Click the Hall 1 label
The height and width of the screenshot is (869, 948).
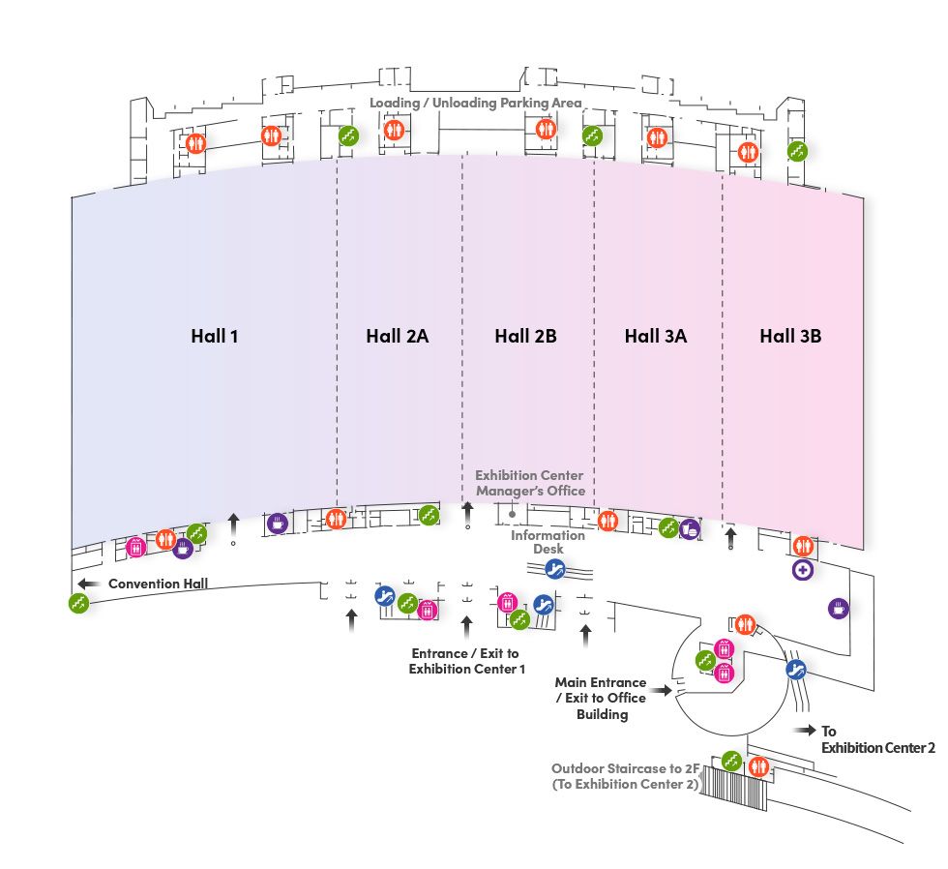click(x=214, y=337)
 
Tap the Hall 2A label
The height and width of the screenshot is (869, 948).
click(x=397, y=337)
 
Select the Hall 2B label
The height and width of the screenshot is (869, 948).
click(x=525, y=337)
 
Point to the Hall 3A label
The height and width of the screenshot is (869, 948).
click(x=655, y=337)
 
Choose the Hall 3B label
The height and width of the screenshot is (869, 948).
click(x=790, y=337)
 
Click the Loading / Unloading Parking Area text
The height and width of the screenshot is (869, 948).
click(x=475, y=103)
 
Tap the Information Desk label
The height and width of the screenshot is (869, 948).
click(x=548, y=542)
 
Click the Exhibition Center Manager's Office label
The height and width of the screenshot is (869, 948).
click(x=530, y=483)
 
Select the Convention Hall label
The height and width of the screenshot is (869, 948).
click(x=159, y=584)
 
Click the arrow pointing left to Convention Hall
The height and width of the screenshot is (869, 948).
click(x=89, y=584)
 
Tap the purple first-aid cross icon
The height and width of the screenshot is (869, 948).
click(x=803, y=570)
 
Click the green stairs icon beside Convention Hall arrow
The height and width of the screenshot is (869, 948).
click(x=78, y=603)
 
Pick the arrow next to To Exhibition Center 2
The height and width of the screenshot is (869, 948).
click(x=802, y=732)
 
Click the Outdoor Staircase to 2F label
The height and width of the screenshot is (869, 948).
click(x=625, y=776)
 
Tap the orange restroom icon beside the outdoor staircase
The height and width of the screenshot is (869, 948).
click(x=758, y=765)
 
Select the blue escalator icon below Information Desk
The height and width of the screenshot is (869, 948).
click(x=554, y=567)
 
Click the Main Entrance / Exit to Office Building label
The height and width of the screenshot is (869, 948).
click(x=600, y=698)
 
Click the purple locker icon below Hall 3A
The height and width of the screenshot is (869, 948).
click(x=690, y=529)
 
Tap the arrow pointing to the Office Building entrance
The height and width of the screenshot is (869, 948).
click(x=664, y=690)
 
